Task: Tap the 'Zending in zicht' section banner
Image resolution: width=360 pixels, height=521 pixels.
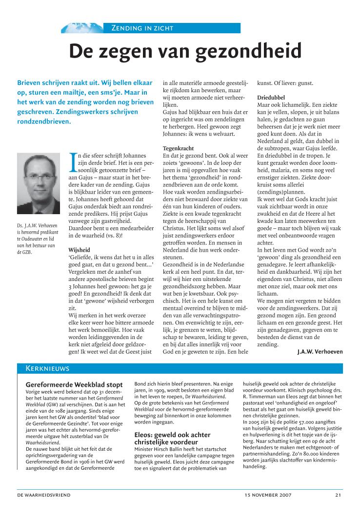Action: [x=142, y=28]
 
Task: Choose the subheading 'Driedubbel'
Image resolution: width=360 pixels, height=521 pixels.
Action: [x=271, y=97]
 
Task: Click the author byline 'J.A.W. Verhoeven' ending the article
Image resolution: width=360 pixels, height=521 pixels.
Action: [x=320, y=351]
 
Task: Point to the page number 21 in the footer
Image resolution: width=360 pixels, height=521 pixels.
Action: [x=338, y=495]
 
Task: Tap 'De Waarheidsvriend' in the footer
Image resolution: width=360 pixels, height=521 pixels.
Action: [x=44, y=495]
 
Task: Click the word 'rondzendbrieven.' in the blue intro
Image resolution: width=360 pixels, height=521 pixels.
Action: [x=43, y=121]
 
